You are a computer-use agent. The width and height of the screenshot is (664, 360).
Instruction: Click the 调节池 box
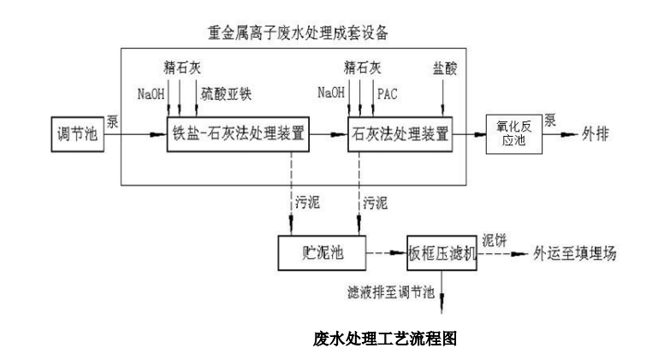[75, 135]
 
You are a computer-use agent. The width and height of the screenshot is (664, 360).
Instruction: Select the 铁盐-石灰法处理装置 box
[237, 134]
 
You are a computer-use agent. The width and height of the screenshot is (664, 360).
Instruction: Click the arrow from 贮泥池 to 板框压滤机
[386, 254]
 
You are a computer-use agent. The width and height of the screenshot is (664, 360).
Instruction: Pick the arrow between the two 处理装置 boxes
[326, 134]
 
